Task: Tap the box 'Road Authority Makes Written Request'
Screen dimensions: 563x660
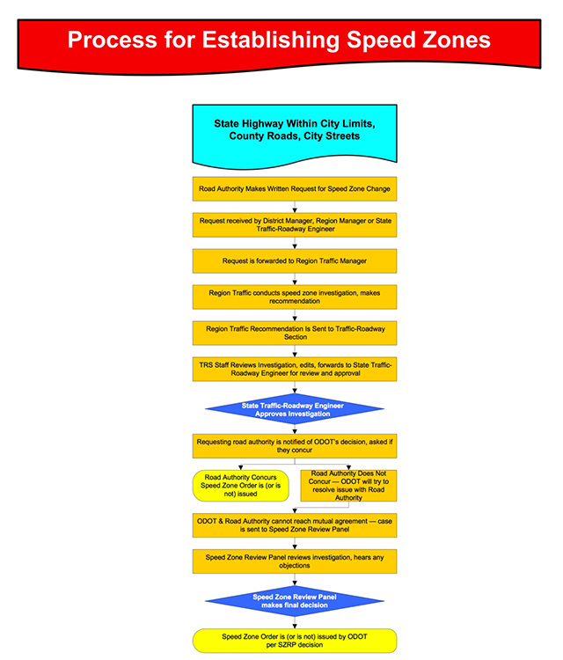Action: coord(295,189)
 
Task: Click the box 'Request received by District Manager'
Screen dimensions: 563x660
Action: coord(295,225)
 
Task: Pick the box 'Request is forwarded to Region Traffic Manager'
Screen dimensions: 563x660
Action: coord(295,261)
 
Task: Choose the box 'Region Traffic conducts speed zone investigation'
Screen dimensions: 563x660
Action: coord(295,297)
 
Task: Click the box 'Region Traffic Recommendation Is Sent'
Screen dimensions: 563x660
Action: coord(295,334)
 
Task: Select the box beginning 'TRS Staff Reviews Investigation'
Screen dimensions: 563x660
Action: coord(295,370)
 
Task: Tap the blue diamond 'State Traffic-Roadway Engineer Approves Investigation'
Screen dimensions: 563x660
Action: coord(295,409)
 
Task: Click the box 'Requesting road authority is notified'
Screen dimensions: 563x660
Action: coord(295,446)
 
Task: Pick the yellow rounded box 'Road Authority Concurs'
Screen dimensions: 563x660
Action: coord(241,486)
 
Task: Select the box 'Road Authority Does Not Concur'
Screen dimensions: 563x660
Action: coord(348,486)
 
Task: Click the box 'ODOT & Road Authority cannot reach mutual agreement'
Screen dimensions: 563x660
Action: coord(295,525)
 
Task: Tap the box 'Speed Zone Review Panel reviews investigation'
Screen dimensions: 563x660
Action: coord(295,561)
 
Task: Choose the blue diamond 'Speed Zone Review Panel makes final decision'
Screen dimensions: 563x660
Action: coord(295,601)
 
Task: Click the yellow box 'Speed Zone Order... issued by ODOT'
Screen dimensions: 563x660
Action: coord(295,641)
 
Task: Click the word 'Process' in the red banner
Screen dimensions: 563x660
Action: coord(112,40)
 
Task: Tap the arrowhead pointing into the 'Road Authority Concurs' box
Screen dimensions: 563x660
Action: coord(241,467)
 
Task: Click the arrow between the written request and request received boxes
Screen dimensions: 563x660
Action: coord(295,207)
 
